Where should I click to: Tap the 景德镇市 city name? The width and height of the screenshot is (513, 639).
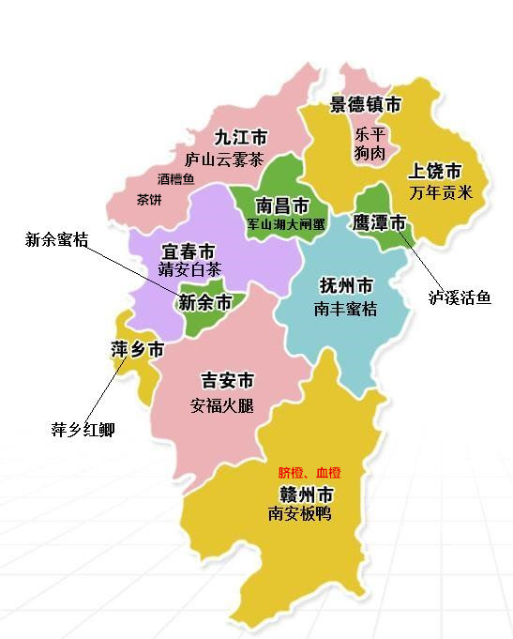click(x=366, y=104)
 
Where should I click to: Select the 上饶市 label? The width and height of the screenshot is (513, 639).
click(x=435, y=172)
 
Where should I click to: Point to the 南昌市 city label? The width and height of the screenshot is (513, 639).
click(x=282, y=205)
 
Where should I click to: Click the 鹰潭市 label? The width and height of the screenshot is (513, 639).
click(x=380, y=223)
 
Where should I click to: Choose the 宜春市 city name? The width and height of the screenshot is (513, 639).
click(x=189, y=251)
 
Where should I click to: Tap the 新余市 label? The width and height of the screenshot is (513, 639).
click(x=204, y=303)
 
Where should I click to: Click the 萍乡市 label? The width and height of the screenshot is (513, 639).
click(x=137, y=351)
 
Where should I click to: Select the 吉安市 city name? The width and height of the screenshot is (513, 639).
click(x=228, y=381)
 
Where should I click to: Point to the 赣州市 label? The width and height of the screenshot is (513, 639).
click(x=307, y=494)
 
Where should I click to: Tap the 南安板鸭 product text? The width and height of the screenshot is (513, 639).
click(x=299, y=514)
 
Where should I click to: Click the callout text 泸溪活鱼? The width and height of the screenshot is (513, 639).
click(x=460, y=297)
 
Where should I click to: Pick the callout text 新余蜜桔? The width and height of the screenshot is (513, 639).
click(x=56, y=240)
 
